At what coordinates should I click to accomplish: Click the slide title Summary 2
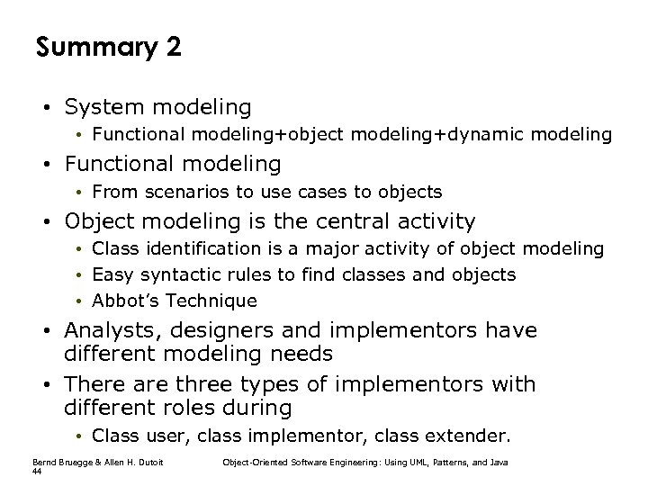point(109,47)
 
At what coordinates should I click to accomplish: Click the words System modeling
point(157,107)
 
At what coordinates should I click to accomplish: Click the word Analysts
point(109,330)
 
